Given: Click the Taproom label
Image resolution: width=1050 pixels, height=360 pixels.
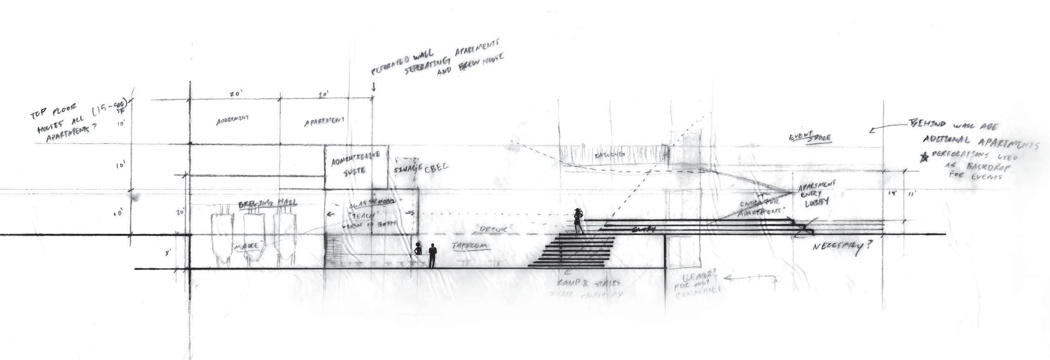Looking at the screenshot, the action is [x=470, y=247].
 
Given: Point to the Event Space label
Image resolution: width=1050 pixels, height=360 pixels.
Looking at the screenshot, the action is [x=809, y=138].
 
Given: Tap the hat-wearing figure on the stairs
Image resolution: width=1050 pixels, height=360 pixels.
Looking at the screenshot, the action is [x=578, y=221].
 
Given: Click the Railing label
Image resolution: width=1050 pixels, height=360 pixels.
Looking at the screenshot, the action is [x=612, y=155].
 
